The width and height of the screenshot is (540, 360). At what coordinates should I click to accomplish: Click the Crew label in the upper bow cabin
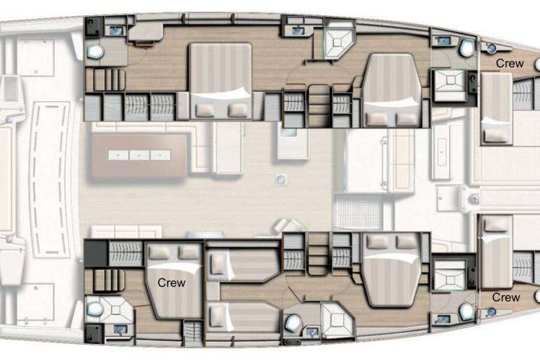[x=510, y=63]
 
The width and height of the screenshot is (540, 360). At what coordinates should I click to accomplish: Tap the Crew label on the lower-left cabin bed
[x=171, y=283]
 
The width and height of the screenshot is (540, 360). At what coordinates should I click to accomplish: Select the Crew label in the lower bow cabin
[x=506, y=298]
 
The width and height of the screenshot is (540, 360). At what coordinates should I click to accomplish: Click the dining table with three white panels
[x=139, y=155]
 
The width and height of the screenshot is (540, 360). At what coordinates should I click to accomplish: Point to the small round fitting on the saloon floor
[x=281, y=179]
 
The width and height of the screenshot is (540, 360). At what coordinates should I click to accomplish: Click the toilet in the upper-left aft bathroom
[x=94, y=52]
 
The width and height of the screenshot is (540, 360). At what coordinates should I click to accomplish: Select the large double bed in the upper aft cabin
[x=221, y=81]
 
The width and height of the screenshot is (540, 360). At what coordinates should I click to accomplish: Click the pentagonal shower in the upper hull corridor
[x=338, y=41]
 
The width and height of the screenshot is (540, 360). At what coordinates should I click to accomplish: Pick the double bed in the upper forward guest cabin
[x=392, y=90]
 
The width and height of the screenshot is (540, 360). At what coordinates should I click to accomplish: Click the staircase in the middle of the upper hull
[x=319, y=106]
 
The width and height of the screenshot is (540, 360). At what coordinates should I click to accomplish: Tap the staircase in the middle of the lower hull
[x=319, y=253]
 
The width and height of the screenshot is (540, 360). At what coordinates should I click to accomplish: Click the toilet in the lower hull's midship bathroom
[x=293, y=323]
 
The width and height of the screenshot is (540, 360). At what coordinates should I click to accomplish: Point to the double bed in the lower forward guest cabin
[x=392, y=269]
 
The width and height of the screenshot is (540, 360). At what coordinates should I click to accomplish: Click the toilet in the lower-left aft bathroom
[x=94, y=308]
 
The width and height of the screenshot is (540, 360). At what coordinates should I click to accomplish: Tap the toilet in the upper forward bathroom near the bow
[x=467, y=48]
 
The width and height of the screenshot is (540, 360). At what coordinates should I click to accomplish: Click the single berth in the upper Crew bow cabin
[x=496, y=109]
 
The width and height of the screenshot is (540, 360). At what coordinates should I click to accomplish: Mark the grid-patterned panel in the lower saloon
[x=358, y=212]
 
